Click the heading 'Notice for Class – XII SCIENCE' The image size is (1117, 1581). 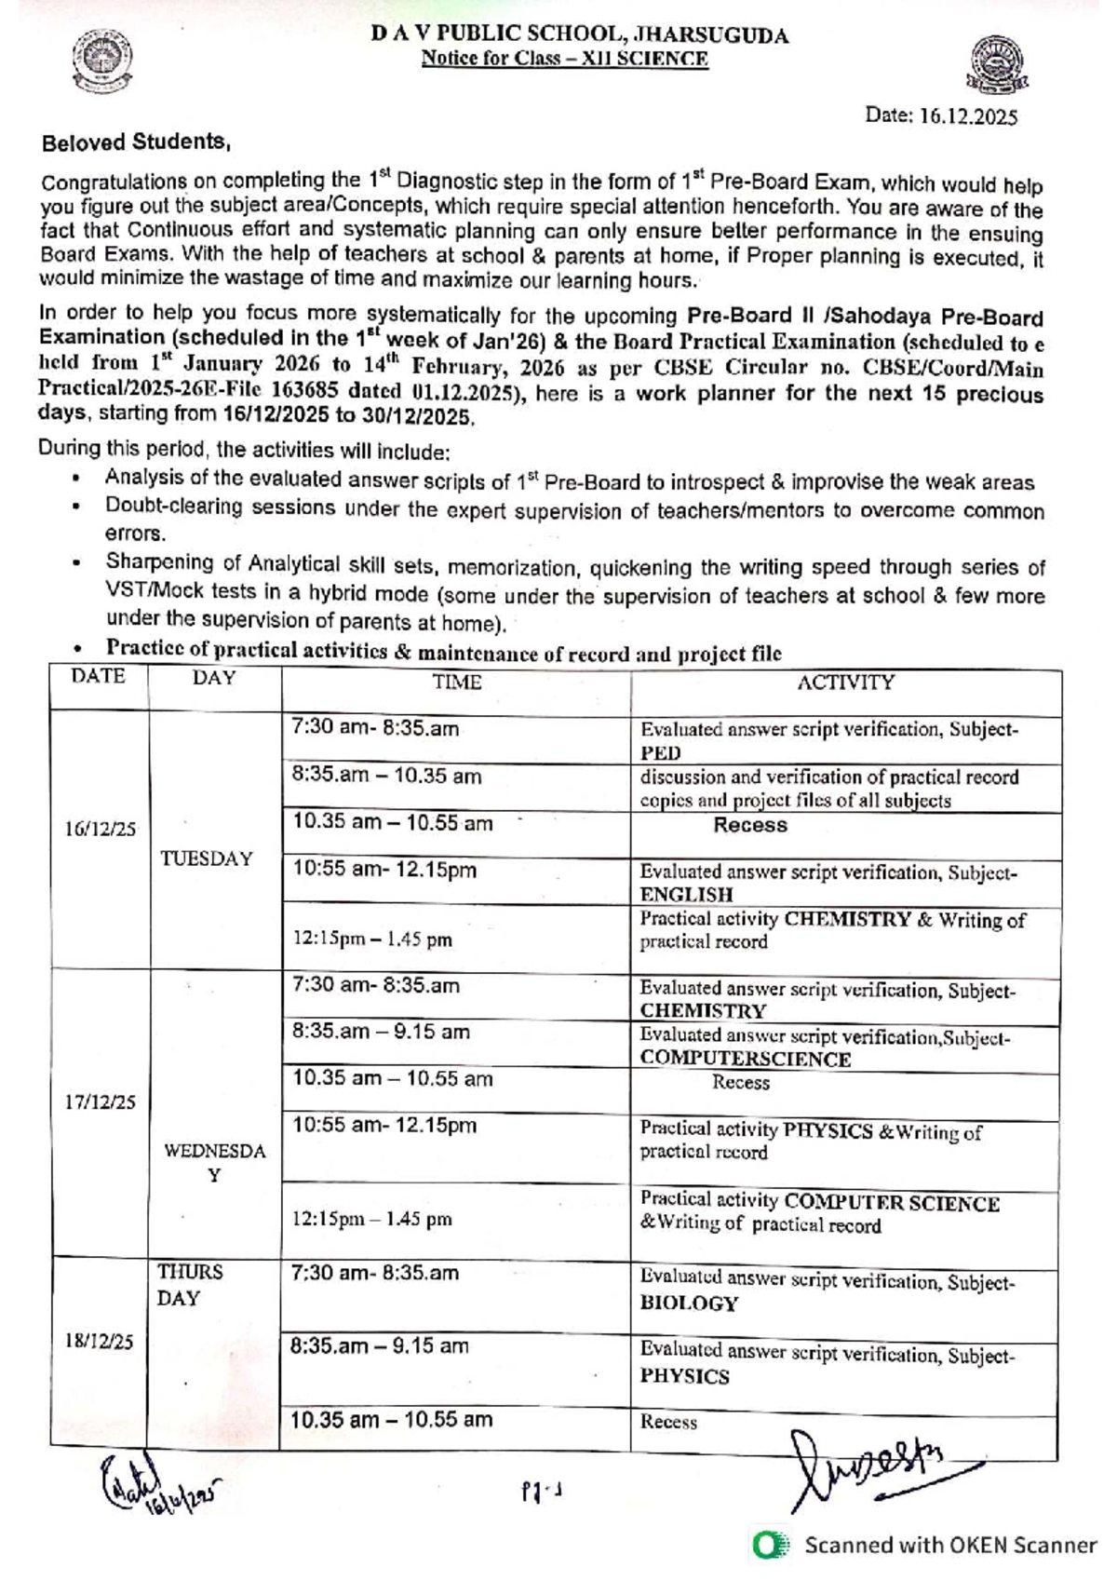(x=564, y=59)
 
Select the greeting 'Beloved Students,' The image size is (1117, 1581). (x=136, y=142)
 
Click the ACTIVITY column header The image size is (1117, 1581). (x=845, y=682)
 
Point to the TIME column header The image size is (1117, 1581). (x=456, y=682)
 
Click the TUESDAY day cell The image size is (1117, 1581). (x=207, y=858)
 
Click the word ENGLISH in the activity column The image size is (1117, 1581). (x=686, y=895)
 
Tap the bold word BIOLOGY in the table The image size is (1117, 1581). (x=689, y=1304)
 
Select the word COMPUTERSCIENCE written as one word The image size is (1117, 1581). (x=745, y=1060)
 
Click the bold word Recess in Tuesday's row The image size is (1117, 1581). (x=750, y=825)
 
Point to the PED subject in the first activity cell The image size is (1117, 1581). (x=660, y=753)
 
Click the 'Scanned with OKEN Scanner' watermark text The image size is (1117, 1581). (x=950, y=1545)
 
